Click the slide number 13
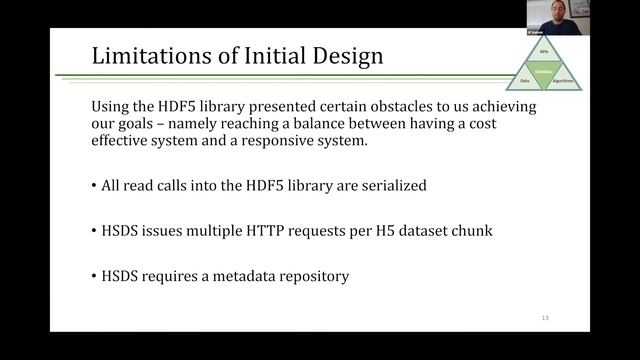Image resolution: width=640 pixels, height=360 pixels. (x=545, y=317)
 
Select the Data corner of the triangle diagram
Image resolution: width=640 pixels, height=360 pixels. (x=524, y=80)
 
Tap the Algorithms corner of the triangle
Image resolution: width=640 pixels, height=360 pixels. (x=565, y=80)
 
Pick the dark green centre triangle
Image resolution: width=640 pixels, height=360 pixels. (x=545, y=70)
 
